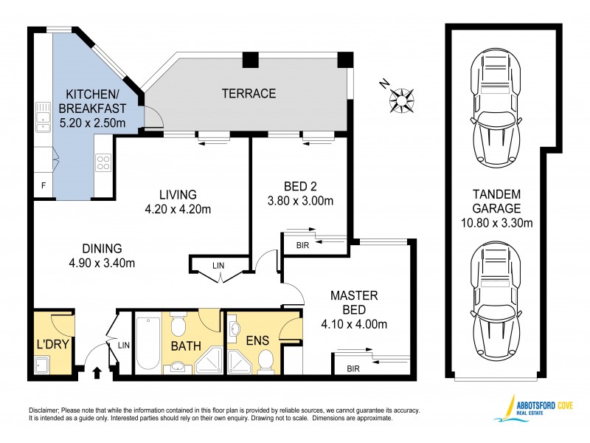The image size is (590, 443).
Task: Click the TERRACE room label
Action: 249,94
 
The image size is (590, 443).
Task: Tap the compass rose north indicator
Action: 401,97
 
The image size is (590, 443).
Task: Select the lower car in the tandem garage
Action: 493,302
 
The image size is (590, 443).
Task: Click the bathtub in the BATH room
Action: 147,341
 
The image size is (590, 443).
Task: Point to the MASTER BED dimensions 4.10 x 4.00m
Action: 354,323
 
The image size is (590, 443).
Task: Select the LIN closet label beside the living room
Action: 218,265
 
